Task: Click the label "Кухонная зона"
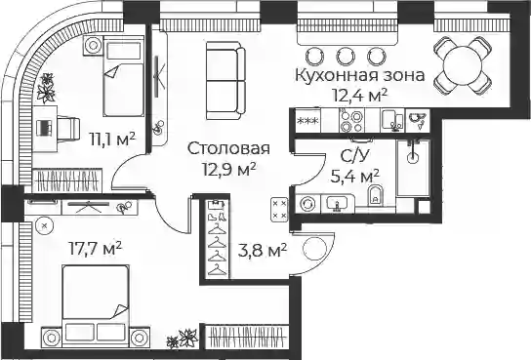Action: tap(360, 75)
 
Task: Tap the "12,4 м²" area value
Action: tap(360, 96)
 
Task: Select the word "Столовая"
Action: tap(228, 148)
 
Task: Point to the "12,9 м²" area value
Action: tap(229, 169)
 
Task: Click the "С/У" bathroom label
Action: tap(354, 156)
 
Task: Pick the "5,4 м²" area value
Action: tap(354, 176)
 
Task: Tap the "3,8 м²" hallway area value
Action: tap(263, 251)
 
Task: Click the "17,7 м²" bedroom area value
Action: tap(95, 249)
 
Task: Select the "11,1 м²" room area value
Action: tap(112, 139)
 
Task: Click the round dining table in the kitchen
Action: tap(463, 65)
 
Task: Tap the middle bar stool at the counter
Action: tap(346, 57)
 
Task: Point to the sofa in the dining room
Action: tap(225, 81)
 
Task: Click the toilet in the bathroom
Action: tap(375, 195)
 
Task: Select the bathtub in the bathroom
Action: tap(413, 168)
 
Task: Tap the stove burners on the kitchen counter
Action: tap(351, 121)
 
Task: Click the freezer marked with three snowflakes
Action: tap(307, 121)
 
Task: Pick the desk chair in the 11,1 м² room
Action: tap(68, 128)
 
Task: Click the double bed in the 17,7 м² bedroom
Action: tap(96, 305)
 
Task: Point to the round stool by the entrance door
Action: tap(315, 249)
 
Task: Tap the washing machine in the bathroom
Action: tap(308, 204)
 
